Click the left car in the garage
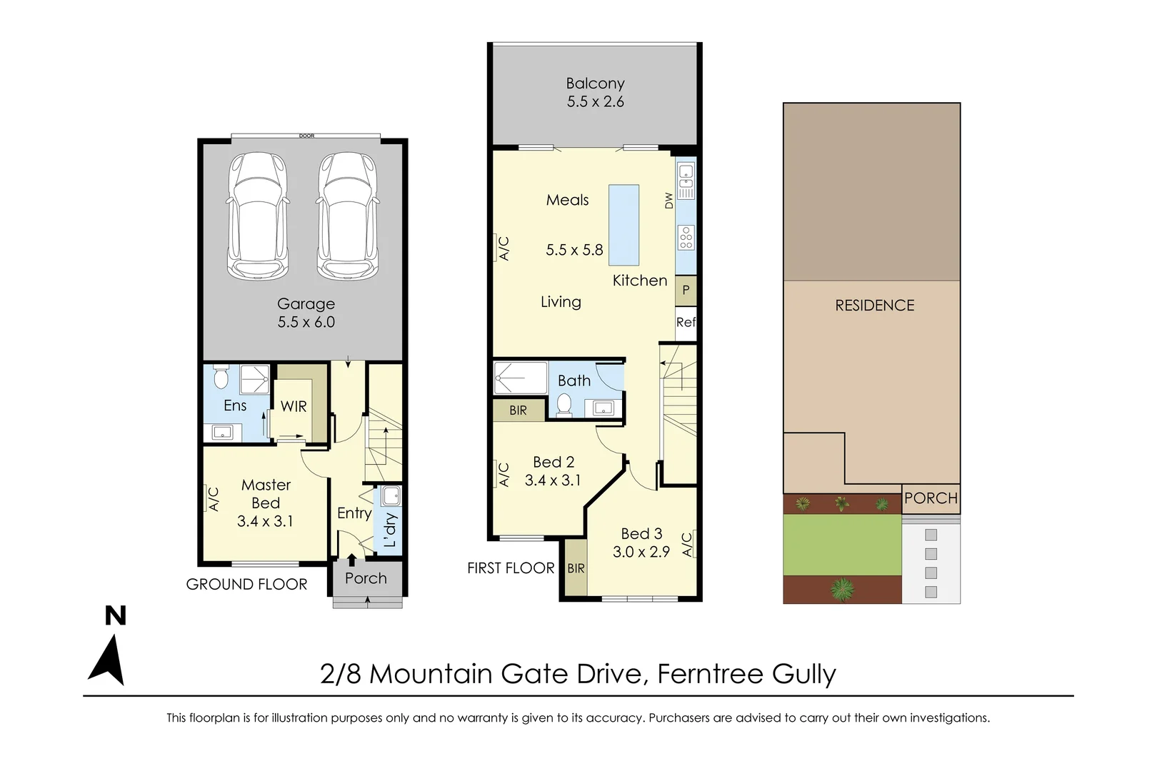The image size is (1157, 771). point(258,216)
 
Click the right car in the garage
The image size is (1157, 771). point(348,216)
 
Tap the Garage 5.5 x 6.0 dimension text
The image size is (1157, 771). point(306,322)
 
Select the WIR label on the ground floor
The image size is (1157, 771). point(294,406)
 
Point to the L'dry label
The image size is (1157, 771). point(390,530)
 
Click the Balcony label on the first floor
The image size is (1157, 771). point(595,84)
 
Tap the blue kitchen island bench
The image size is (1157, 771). point(623,225)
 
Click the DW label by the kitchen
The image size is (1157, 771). point(669,201)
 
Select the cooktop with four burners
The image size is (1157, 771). point(686,237)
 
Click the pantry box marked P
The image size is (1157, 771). point(686,291)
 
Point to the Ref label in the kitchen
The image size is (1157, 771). point(686,322)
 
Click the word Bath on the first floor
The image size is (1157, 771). point(574,381)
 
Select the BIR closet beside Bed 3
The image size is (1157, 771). point(576,568)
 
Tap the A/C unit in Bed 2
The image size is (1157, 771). point(503,475)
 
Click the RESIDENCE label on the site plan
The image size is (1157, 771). point(874,306)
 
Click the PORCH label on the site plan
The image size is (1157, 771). point(930,498)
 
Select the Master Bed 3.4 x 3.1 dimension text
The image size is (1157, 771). point(265,521)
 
